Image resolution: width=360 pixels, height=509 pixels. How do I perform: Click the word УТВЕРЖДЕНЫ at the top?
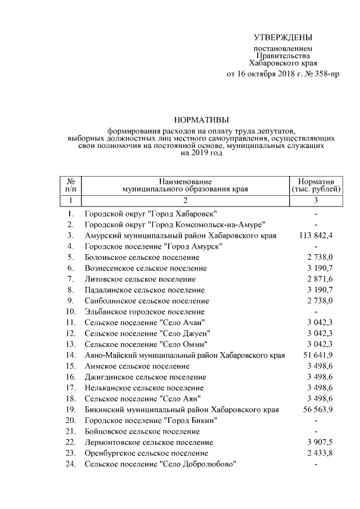(282, 38)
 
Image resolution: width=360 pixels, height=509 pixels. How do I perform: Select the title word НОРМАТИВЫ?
(201, 119)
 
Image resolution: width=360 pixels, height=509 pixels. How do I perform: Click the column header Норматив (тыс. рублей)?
(316, 186)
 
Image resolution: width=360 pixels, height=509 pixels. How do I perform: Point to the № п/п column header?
(71, 186)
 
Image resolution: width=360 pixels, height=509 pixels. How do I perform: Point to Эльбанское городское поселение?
(144, 312)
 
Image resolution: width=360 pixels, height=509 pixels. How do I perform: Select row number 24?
(70, 464)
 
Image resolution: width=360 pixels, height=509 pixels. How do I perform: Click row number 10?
(70, 312)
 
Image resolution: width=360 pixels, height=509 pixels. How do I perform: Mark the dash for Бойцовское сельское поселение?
(317, 431)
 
